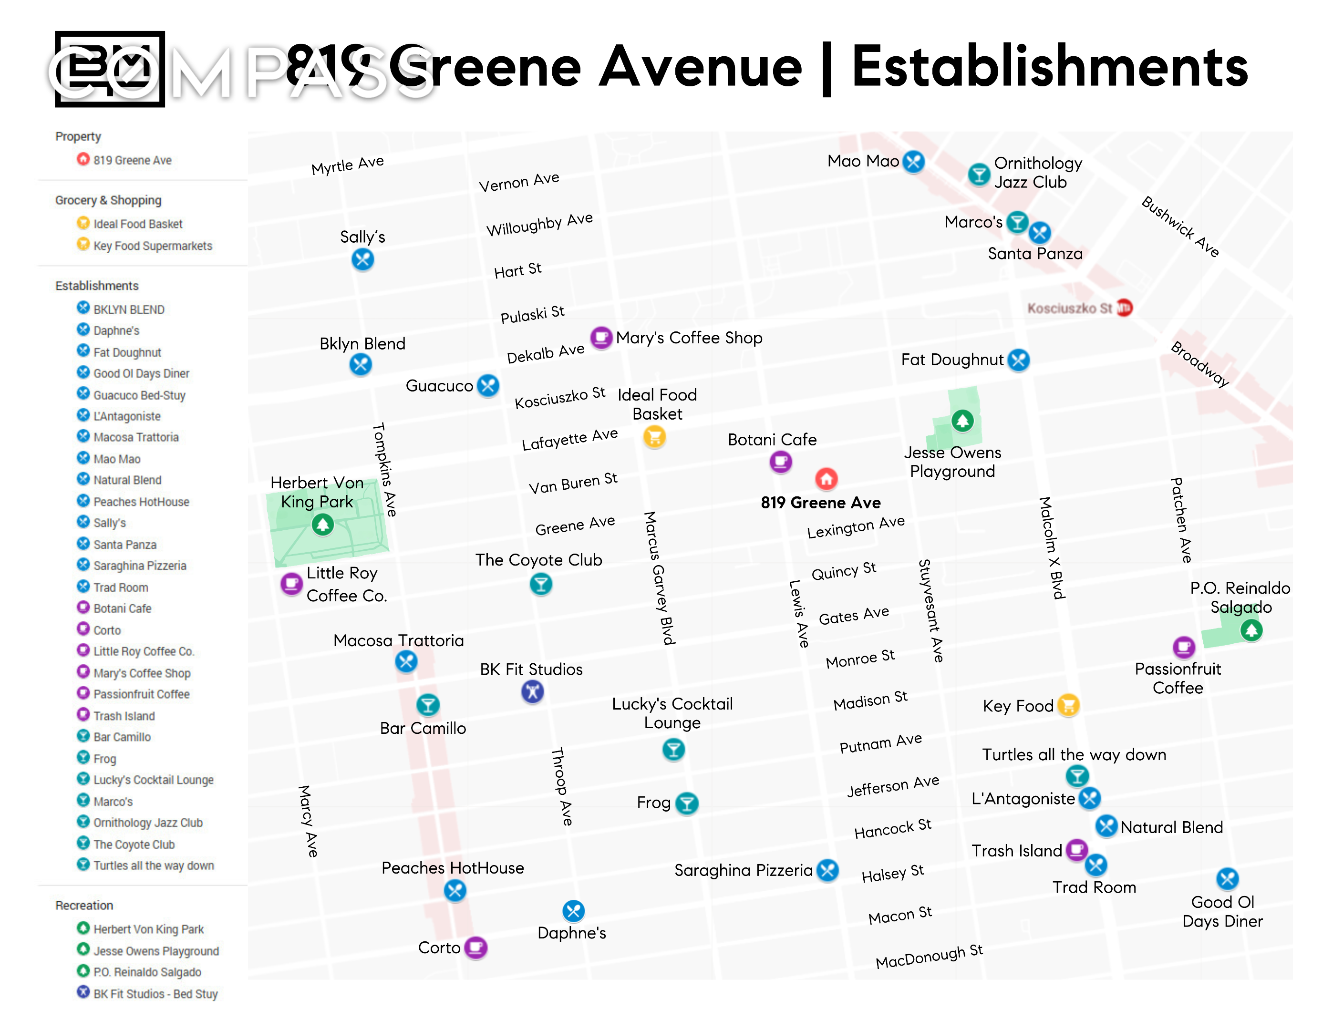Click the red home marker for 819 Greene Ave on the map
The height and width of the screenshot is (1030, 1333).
[827, 479]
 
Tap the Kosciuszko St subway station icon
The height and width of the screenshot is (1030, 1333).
[1124, 308]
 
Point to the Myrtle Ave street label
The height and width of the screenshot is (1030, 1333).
[347, 165]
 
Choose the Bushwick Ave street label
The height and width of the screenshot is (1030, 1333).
[1180, 227]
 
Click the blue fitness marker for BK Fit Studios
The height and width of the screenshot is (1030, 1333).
[532, 692]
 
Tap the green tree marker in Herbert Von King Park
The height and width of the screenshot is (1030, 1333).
[322, 524]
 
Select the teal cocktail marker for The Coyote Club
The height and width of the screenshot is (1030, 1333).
[541, 585]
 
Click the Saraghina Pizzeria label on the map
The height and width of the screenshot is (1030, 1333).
[743, 870]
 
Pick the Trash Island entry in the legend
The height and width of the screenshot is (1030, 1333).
[124, 716]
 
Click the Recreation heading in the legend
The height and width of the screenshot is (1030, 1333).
[84, 905]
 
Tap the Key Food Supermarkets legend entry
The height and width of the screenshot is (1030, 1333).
[153, 246]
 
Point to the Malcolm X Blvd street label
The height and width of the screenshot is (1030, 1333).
[1052, 548]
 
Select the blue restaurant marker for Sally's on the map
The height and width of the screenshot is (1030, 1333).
[362, 260]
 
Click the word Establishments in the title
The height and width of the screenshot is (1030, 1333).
[1050, 67]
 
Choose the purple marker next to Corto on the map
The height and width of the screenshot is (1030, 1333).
[475, 947]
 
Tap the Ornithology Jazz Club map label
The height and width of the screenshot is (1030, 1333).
[1038, 172]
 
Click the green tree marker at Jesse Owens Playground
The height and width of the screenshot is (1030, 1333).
[962, 421]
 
